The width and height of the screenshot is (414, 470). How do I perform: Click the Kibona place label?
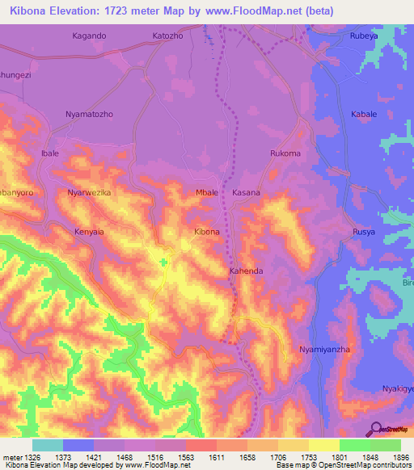[206, 232]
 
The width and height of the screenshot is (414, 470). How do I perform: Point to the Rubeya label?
[363, 36]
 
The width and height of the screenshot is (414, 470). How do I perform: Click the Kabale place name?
[364, 115]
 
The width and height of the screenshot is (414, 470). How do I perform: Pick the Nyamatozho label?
[89, 115]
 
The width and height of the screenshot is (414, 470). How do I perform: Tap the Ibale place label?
[50, 153]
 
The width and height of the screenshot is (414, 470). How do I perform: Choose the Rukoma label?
[285, 153]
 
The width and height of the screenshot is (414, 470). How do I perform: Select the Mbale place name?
[208, 193]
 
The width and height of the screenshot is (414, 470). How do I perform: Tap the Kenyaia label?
[90, 232]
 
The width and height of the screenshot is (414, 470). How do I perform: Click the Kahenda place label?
[246, 271]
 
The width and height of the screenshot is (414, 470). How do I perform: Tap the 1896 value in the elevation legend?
[400, 456]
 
